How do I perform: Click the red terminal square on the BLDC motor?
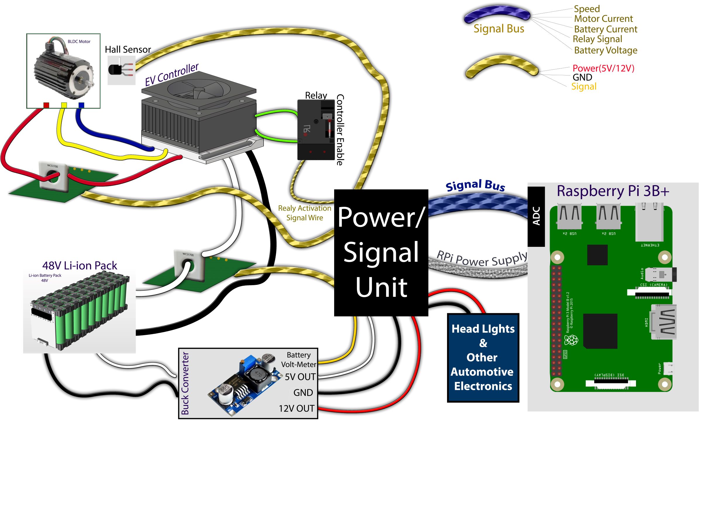(46, 105)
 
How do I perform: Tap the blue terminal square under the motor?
(81, 105)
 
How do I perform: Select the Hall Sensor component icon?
(121, 70)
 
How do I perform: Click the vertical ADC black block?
(536, 216)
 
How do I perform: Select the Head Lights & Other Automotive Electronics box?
(483, 358)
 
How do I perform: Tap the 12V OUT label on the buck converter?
(296, 409)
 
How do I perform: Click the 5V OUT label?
(300, 377)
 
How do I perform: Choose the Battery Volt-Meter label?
(298, 359)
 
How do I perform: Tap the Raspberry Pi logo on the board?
(571, 340)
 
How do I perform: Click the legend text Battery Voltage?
(605, 50)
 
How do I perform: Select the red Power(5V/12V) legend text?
(603, 68)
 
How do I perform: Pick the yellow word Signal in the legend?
(584, 86)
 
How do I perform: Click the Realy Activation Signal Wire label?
(305, 213)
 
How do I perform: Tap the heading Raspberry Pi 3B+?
(613, 191)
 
